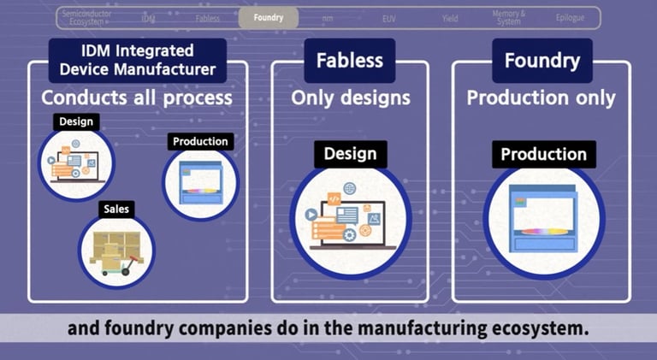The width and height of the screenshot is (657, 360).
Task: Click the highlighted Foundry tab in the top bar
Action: [269, 18]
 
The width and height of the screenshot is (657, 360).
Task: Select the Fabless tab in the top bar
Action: [207, 18]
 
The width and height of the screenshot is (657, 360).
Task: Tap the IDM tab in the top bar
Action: [149, 18]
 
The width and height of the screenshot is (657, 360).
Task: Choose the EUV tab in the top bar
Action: [389, 18]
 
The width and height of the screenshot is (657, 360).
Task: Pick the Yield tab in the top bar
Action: [450, 18]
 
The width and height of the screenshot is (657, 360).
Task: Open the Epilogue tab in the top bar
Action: [571, 18]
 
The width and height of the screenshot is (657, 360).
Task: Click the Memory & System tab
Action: [508, 18]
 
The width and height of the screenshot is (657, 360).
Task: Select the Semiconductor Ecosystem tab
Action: [86, 18]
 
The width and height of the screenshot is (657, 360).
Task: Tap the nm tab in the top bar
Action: [328, 18]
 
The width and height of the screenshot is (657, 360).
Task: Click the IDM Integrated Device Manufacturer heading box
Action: [138, 61]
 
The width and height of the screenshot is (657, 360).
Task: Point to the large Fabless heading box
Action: [349, 62]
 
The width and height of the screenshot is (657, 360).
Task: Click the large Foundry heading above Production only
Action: [542, 62]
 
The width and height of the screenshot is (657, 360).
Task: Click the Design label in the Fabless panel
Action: [350, 154]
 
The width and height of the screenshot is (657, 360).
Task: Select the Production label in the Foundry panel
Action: [543, 155]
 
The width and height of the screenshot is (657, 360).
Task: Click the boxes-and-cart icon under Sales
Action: [117, 251]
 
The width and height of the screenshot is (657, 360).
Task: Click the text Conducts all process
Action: [137, 97]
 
